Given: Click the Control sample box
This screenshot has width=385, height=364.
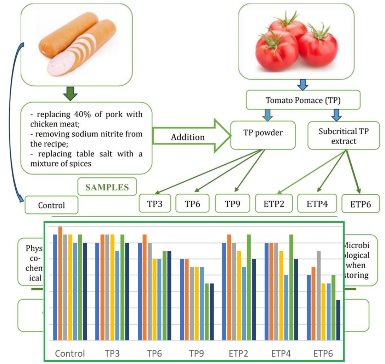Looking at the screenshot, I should [51, 205].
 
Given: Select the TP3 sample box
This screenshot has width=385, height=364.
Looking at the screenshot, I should [155, 204].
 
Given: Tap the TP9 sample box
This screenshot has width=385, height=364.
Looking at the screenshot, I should [233, 204].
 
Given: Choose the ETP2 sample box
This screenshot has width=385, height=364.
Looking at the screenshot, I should [274, 204].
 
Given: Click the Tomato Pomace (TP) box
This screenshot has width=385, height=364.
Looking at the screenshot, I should [303, 100].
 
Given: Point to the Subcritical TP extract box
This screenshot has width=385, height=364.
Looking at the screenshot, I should [343, 136].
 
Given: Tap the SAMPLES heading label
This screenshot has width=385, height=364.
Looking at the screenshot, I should [107, 187].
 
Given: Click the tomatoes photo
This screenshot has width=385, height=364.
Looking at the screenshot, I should [297, 42].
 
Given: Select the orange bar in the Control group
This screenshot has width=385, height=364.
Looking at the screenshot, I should [60, 283].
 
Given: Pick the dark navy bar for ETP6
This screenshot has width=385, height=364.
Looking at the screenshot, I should [338, 320].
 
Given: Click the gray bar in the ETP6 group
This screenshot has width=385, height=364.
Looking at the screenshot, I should [319, 296].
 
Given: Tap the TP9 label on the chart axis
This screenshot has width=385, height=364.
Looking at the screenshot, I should [196, 353].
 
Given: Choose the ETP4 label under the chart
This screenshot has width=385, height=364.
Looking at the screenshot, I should [281, 353].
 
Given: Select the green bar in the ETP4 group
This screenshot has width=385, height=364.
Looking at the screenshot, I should [291, 287].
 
